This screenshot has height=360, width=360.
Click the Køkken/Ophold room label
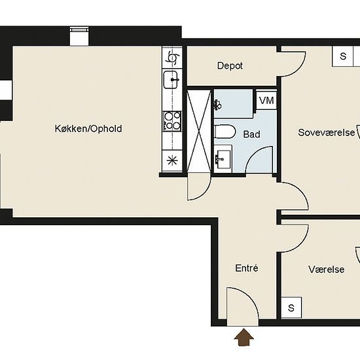click(88, 128)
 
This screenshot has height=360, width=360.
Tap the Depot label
click(230, 66)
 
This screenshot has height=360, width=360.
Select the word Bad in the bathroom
click(251, 134)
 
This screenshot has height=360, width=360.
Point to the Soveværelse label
click(326, 132)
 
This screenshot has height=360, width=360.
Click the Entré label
click(247, 268)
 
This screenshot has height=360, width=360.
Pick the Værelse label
click(326, 269)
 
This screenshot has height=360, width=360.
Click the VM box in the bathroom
click(266, 101)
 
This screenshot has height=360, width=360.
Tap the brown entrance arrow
click(244, 337)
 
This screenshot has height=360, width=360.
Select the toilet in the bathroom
click(225, 132)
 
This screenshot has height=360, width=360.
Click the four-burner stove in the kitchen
click(172, 121)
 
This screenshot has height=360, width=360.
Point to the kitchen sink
click(171, 79)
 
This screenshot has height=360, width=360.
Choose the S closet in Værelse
click(291, 308)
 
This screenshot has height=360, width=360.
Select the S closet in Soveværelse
click(342, 56)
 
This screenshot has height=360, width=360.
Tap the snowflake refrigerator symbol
click(172, 160)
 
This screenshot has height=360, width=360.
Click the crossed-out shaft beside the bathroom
click(199, 131)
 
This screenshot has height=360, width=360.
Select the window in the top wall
click(79, 36)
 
